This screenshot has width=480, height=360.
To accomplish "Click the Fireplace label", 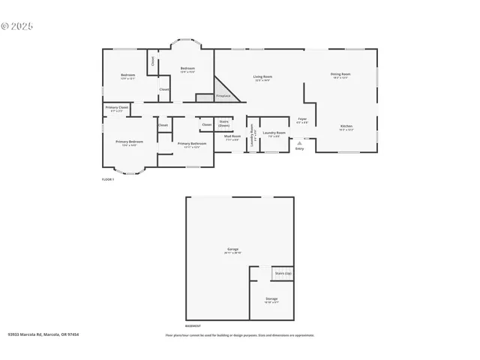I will (223, 96).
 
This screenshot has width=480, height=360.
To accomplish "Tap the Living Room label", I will (262, 76).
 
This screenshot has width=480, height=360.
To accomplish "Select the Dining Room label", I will (340, 73).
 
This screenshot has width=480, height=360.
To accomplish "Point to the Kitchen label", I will (346, 126).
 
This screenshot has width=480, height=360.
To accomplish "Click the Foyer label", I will (302, 118).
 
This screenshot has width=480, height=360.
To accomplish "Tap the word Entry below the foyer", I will (300, 148).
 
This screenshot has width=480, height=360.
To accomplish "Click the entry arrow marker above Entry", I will (300, 142).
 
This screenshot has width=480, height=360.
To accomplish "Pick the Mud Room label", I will (232, 136).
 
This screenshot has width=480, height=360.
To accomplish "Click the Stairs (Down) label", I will (223, 122).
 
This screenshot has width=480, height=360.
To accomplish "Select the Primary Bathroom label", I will (192, 143).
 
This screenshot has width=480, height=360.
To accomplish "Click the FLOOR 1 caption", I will (108, 179).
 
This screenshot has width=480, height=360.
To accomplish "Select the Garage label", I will (233, 249).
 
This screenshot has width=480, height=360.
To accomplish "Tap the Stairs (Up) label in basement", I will (283, 273).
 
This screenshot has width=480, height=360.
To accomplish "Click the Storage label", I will (271, 298).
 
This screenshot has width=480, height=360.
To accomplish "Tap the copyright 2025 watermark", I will (16, 25).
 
